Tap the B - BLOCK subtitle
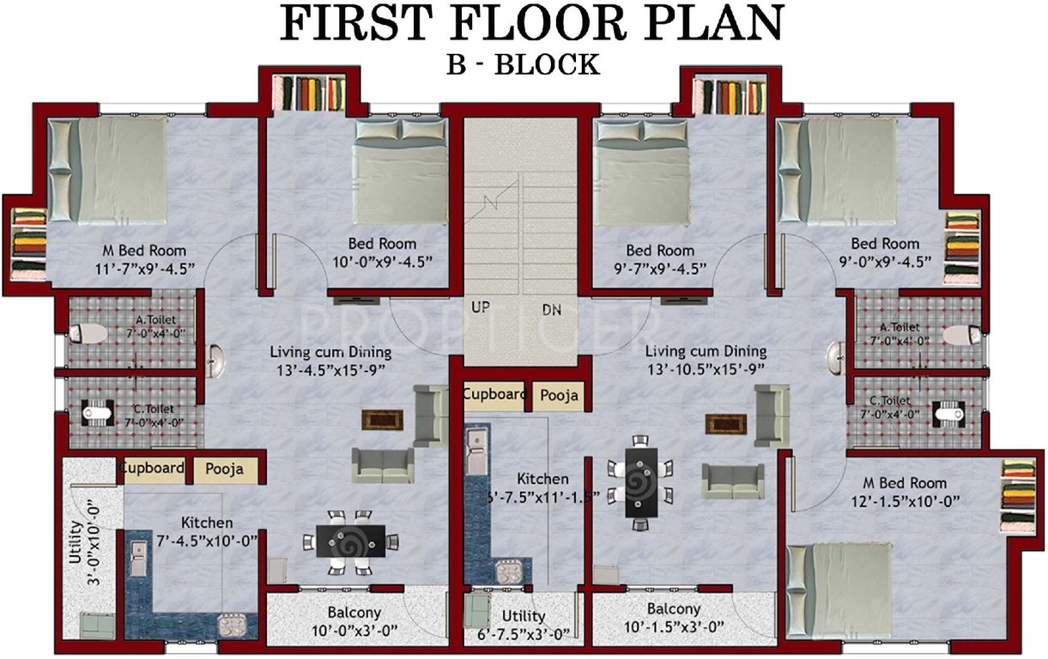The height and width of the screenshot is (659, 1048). pos(523,64)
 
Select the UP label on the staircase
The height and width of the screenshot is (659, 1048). pos(481,307)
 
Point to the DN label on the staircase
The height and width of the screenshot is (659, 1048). pos(551,310)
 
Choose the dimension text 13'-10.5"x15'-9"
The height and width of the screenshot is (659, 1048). pos(706,370)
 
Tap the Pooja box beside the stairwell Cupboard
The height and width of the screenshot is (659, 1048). pos(558,396)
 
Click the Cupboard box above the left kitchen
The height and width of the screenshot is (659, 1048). pos(153,469)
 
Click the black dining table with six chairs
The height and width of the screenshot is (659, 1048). pos(642,481)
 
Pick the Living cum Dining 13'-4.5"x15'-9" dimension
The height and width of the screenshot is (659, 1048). pos(330,370)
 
